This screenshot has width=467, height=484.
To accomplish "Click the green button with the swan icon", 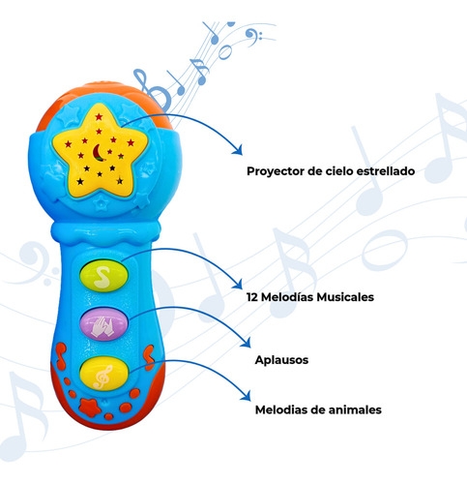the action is click(x=103, y=276).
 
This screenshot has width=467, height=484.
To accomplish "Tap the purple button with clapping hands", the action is click(x=103, y=324).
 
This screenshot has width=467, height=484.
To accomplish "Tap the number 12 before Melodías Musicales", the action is click(x=252, y=297).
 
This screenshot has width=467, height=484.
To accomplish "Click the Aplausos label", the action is click(x=281, y=360).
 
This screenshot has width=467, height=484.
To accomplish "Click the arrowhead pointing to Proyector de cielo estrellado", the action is click(x=238, y=150).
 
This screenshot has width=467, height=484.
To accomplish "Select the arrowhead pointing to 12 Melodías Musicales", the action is click(x=238, y=284).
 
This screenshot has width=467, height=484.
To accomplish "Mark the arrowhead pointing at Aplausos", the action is click(x=247, y=343).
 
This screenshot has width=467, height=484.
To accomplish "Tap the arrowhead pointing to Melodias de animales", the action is click(x=247, y=396).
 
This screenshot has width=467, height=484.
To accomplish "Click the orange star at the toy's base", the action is click(x=90, y=408).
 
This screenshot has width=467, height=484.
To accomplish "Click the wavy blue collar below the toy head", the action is click(x=105, y=231).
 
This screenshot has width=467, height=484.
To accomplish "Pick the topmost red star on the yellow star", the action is click(x=99, y=116).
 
